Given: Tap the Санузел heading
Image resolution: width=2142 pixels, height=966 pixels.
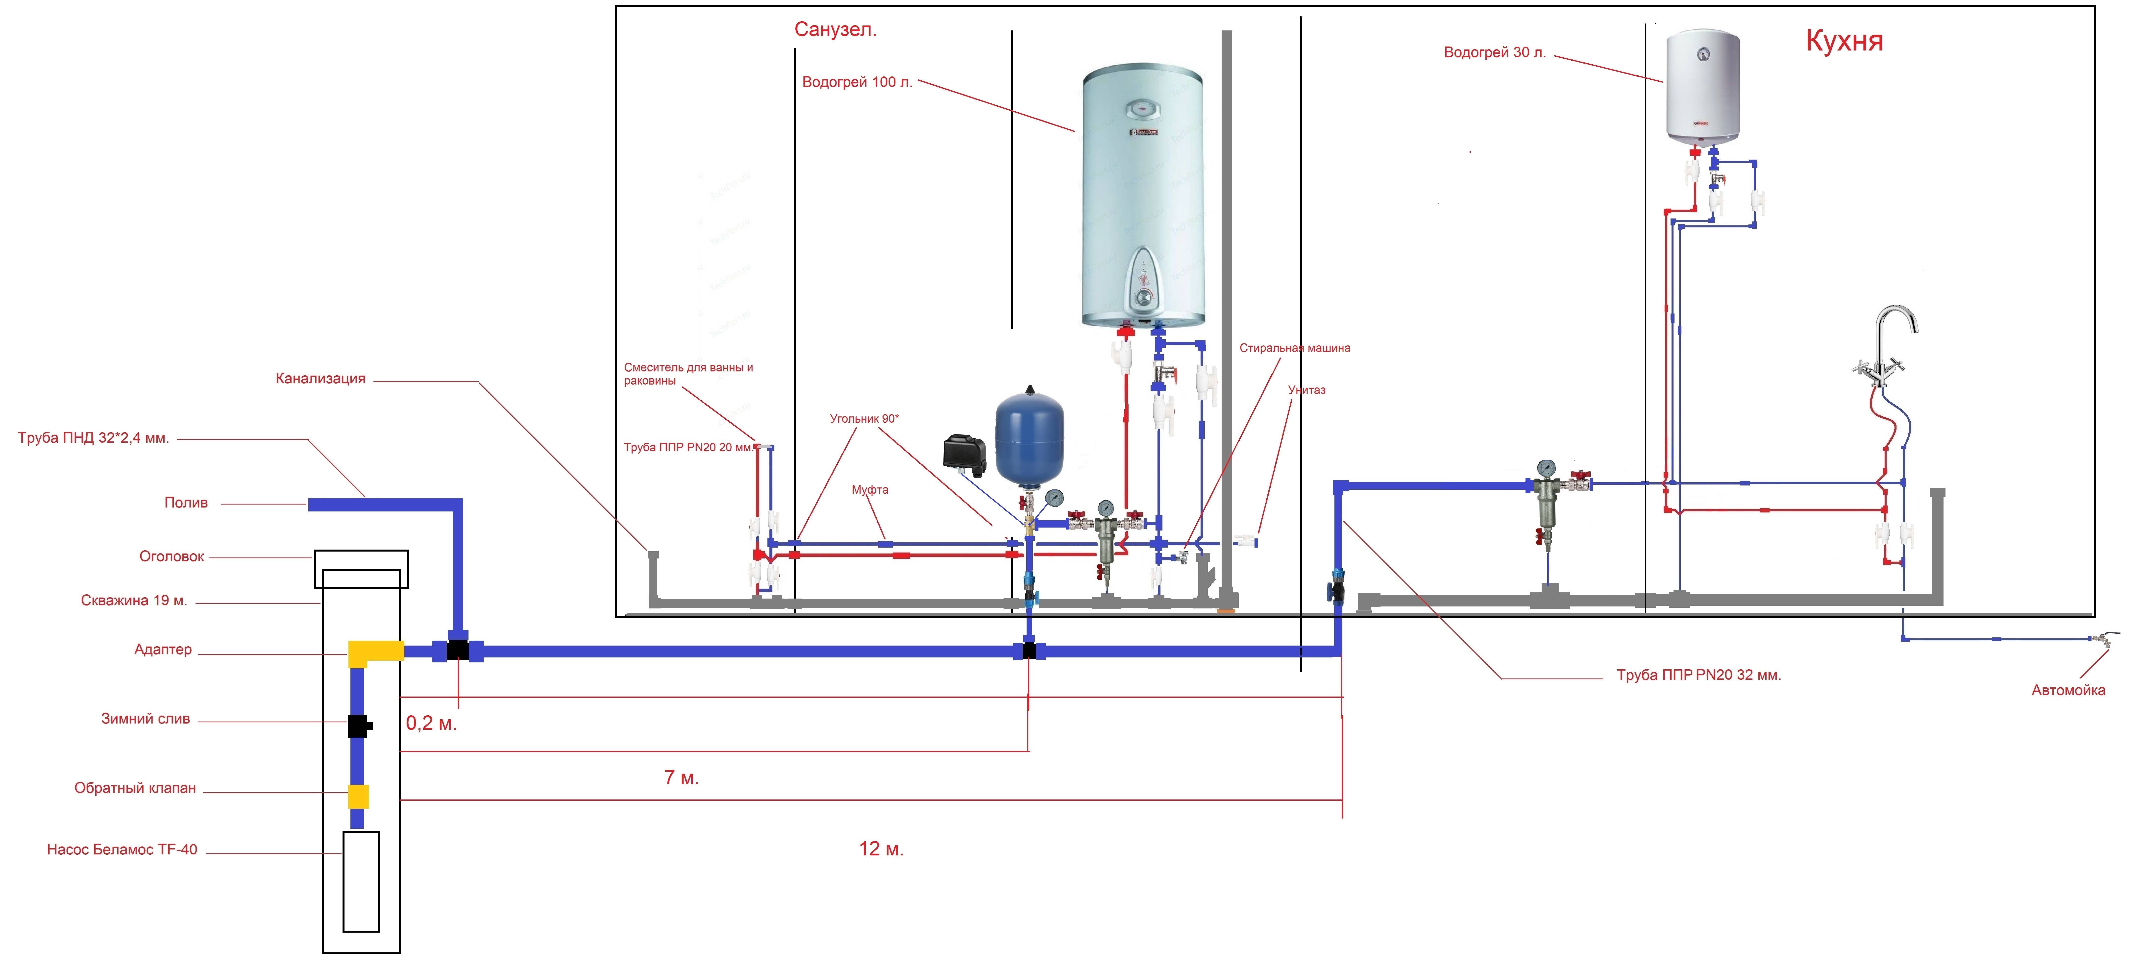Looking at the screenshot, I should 835,30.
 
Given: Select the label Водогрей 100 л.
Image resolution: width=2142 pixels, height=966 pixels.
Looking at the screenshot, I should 857,82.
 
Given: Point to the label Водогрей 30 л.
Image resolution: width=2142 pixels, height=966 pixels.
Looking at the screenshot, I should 1494,52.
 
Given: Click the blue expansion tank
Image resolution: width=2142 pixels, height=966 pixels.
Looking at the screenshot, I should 1030,441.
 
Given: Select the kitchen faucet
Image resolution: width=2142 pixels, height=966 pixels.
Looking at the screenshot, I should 1886,349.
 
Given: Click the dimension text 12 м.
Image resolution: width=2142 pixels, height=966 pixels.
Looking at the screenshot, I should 881,849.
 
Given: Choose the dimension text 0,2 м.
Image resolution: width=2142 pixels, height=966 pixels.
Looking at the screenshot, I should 431,723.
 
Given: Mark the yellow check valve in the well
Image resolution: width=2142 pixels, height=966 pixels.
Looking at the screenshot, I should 358,797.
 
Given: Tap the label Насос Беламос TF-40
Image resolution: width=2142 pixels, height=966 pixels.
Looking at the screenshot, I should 122,850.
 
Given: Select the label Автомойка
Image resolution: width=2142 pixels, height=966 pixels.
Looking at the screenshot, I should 2068,690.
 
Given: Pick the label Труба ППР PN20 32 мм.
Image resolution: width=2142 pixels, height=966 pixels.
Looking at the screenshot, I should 1698,675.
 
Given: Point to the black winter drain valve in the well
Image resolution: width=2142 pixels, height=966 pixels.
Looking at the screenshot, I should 358,726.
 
